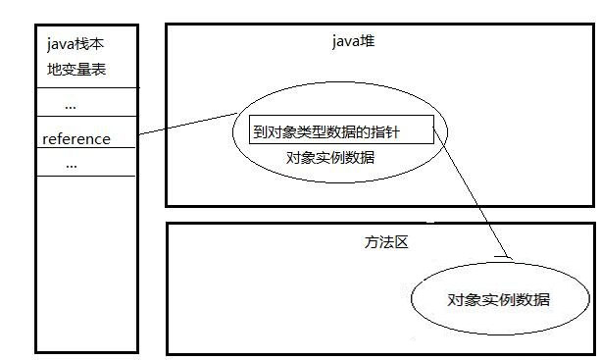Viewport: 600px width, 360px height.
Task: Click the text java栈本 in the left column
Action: (x=75, y=45)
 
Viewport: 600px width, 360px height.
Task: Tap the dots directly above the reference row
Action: (x=70, y=105)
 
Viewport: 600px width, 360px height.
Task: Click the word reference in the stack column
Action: (x=76, y=139)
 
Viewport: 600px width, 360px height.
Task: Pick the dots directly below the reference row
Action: (x=70, y=165)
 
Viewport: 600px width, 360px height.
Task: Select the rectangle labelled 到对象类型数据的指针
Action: (x=339, y=132)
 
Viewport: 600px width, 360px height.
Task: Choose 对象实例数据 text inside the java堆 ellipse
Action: (x=329, y=157)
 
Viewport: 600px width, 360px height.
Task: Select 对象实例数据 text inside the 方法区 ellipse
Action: (x=498, y=299)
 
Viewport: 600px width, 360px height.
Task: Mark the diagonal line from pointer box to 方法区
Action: (x=471, y=197)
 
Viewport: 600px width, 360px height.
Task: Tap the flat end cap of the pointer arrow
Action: (x=504, y=258)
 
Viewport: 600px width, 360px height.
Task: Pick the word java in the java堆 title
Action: (x=347, y=41)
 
